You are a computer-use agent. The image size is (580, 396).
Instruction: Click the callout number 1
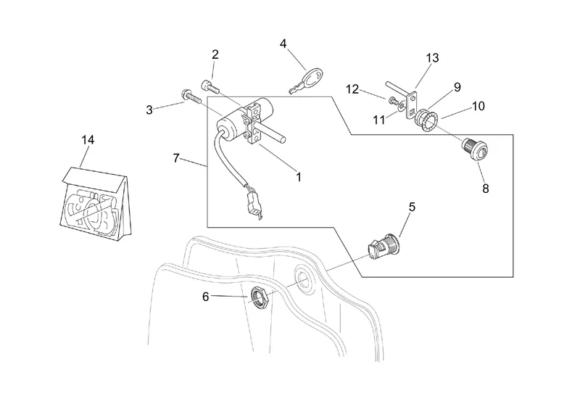point(297,176)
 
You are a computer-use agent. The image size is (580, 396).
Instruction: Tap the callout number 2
point(215,54)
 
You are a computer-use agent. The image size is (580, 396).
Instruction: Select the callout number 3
point(149,110)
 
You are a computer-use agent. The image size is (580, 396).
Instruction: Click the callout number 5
point(412,207)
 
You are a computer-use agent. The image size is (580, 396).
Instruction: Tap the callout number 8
point(486,188)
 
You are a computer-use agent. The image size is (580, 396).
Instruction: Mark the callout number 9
point(457,87)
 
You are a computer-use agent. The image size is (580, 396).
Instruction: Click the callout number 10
point(478,106)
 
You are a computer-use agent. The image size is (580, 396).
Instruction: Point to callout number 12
point(353,89)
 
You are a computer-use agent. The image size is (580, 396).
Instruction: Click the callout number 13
point(433,58)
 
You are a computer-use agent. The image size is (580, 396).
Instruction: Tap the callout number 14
point(88,139)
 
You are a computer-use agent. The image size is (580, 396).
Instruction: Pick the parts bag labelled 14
point(94,203)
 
